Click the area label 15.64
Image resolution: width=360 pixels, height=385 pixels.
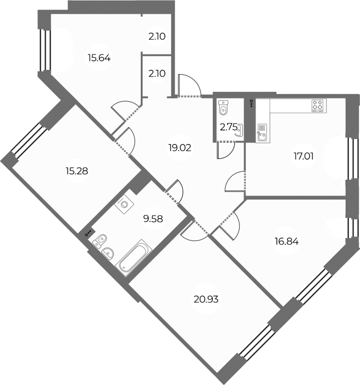coord(99,58)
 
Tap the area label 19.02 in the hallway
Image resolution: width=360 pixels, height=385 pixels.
coord(180,148)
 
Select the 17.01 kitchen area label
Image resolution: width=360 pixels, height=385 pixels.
coord(303,156)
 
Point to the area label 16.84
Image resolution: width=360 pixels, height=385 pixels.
coord(286,241)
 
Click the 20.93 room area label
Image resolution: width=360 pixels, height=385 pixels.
coord(206,300)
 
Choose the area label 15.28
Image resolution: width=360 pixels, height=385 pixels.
coord(77,171)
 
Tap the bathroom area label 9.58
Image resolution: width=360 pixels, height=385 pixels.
coord(153,218)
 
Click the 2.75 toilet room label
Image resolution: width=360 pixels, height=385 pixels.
coord(229,128)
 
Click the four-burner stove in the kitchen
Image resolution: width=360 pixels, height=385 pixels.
coord(319,106)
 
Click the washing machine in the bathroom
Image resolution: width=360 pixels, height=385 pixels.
coord(124,204)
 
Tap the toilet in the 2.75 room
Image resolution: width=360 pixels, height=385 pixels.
coord(223,108)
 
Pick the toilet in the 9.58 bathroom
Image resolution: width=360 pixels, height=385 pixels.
coord(99,240)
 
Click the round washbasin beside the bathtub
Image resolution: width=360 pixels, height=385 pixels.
coord(108,253)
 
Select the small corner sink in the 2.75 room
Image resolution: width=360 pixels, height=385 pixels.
coord(239,130)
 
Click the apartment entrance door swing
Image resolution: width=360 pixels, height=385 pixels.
coord(189,85)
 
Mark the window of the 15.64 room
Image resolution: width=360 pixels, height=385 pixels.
coord(45,50)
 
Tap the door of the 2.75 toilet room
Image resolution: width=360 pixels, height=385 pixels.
coord(226,150)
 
